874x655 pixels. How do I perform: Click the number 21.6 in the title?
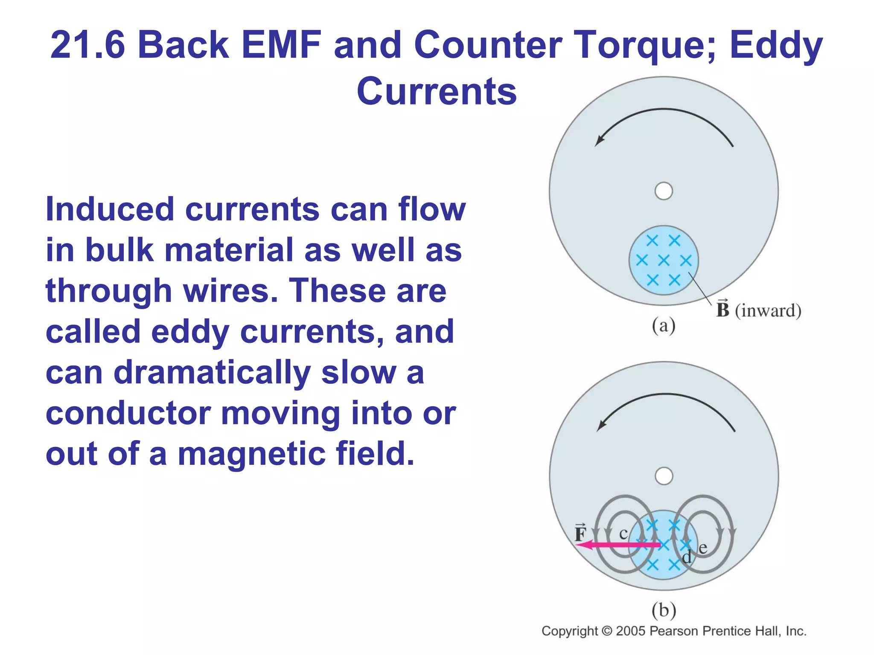click(87, 45)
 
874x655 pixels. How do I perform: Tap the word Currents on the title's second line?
click(437, 92)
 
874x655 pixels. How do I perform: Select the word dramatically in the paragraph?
click(212, 373)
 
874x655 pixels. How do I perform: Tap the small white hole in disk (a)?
click(664, 191)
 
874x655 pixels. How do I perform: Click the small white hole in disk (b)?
click(664, 476)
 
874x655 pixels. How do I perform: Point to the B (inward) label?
click(758, 310)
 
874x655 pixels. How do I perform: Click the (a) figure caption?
click(664, 326)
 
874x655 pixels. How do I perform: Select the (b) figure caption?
click(664, 610)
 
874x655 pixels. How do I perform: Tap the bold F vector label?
click(581, 533)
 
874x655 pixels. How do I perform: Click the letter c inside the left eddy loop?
click(623, 534)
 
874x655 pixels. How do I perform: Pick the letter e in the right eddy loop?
click(703, 548)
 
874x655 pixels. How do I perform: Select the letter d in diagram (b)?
click(687, 557)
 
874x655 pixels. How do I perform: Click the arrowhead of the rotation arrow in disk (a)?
click(599, 141)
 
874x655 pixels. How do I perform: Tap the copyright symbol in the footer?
click(606, 631)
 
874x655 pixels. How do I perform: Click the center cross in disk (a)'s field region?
click(664, 260)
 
